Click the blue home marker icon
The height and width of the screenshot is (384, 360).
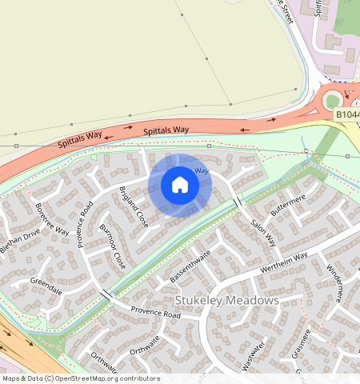[180, 186]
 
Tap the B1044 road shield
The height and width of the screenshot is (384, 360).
[346, 116]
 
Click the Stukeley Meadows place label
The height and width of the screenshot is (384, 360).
[226, 301]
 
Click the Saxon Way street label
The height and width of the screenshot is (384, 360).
[262, 233]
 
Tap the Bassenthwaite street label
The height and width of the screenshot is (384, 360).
[190, 267]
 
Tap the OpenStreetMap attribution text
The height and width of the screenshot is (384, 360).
[80, 378]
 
